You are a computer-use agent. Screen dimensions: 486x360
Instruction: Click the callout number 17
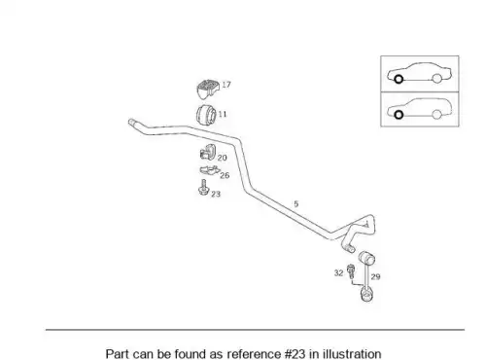pos(226,85)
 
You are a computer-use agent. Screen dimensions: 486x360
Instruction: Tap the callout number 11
pos(223,114)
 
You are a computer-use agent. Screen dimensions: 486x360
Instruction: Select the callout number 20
pos(222,158)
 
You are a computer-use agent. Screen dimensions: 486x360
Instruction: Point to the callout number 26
pos(225,175)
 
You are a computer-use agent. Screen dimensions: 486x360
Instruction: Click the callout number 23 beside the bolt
pos(216,194)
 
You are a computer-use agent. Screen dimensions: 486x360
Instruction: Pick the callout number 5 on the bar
pos(295,204)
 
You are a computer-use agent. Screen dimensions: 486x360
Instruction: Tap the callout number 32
pos(338,273)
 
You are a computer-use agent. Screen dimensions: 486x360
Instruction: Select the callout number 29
pos(375,276)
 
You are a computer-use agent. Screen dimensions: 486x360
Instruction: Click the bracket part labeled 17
pos(208,89)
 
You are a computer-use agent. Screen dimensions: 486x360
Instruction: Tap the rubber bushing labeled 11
pos(206,115)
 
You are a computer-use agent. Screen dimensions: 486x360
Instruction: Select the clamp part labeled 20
pos(208,152)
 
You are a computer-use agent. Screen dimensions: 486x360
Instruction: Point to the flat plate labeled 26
pos(210,170)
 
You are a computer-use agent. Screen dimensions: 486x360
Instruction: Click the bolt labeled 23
pos(203,188)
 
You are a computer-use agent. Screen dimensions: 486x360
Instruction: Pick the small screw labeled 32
pos(351,271)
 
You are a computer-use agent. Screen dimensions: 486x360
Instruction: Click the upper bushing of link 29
pos(367,257)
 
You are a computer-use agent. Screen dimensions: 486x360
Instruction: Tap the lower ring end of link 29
pos(366,295)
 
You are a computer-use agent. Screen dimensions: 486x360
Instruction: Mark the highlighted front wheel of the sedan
pos(399,79)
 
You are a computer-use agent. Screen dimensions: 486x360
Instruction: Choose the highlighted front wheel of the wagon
pos(399,115)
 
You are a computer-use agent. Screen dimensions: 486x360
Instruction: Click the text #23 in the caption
pos(295,354)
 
